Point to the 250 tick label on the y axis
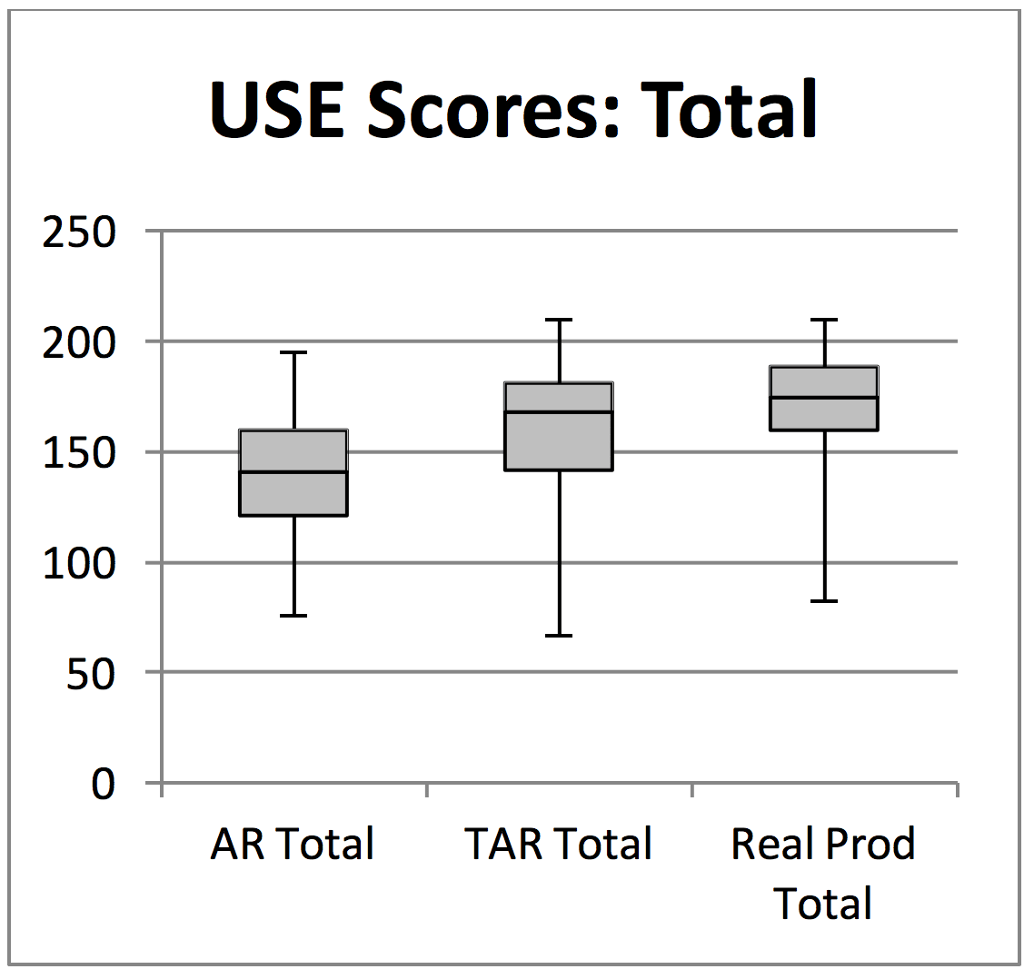[80, 232]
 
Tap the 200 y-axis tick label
[80, 342]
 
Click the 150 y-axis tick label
[80, 452]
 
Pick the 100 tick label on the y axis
[80, 563]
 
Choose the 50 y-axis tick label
[92, 673]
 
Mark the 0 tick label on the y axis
[104, 783]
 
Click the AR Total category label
[293, 844]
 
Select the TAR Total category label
[559, 844]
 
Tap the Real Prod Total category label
[823, 873]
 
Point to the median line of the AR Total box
[293, 472]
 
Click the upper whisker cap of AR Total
[293, 352]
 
